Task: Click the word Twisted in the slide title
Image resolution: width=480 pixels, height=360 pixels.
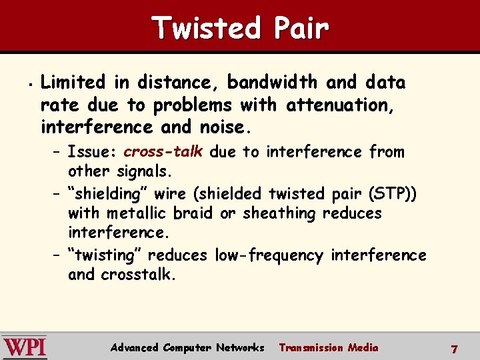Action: pos(205,28)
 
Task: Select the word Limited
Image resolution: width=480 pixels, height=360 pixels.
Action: pos(73,83)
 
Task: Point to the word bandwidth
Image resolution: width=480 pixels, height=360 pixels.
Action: pos(273,83)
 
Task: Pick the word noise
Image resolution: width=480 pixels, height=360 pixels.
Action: pos(223,127)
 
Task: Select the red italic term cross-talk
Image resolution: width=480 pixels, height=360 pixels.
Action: pos(163,152)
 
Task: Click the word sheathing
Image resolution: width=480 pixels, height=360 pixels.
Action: pos(279,213)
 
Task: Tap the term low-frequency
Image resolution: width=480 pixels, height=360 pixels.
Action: pos(269,255)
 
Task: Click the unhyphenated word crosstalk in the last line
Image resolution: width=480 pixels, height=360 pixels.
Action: pos(138,275)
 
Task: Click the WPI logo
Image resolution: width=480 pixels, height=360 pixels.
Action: pos(25,347)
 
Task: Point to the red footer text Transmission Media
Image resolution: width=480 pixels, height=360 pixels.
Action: pos(328,347)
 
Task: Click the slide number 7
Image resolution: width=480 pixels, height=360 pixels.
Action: pos(454,349)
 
